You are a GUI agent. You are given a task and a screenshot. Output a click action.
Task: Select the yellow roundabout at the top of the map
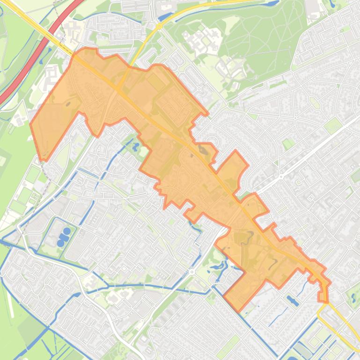(x=159, y=27)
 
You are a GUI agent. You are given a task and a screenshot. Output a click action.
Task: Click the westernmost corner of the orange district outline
(x=31, y=124)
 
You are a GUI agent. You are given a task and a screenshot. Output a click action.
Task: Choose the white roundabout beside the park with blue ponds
(x=191, y=272)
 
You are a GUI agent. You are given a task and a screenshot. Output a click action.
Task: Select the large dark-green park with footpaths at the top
(x=262, y=37)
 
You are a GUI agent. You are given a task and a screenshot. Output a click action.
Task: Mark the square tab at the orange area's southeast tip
(x=323, y=295)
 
